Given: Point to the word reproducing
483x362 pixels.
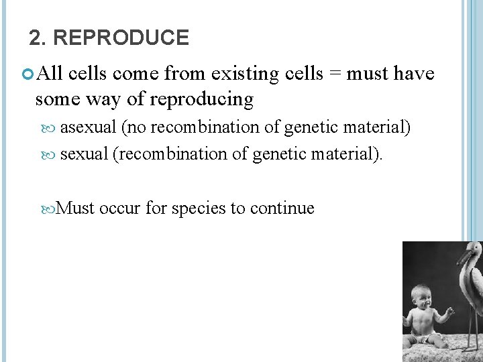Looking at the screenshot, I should click(x=202, y=100).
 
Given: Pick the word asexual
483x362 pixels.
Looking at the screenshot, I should click(x=88, y=127).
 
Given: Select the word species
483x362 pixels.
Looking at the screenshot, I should click(x=199, y=208).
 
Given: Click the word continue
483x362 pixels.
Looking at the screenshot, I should click(x=282, y=208).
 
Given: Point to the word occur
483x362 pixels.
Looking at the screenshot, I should click(x=119, y=208).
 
